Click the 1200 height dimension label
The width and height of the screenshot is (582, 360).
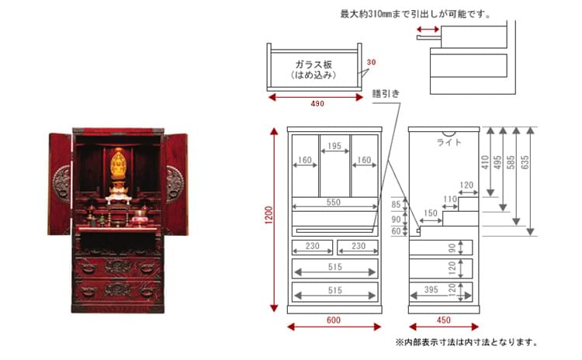(x=268, y=215)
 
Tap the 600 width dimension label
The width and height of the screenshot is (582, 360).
(x=334, y=320)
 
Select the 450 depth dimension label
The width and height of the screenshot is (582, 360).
(x=444, y=320)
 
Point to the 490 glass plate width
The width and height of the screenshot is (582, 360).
(x=317, y=103)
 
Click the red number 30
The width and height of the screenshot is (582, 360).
(x=371, y=62)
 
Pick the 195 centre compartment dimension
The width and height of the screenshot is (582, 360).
(x=334, y=146)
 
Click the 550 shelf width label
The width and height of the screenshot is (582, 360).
(x=334, y=202)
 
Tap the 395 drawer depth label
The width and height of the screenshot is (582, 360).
(x=431, y=289)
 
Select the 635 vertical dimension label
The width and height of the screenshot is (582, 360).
(x=525, y=163)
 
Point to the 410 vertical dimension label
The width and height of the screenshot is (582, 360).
(x=485, y=163)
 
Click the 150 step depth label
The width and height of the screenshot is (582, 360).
(x=431, y=213)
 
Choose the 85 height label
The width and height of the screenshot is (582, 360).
(x=396, y=205)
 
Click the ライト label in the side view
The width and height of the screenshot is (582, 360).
(x=449, y=142)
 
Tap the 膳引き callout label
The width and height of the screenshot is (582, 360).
(x=386, y=94)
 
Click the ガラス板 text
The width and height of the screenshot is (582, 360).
(x=314, y=64)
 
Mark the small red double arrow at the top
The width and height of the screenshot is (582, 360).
(x=428, y=29)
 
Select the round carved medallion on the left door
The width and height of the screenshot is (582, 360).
(x=62, y=184)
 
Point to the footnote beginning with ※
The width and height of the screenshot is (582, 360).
(x=466, y=342)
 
